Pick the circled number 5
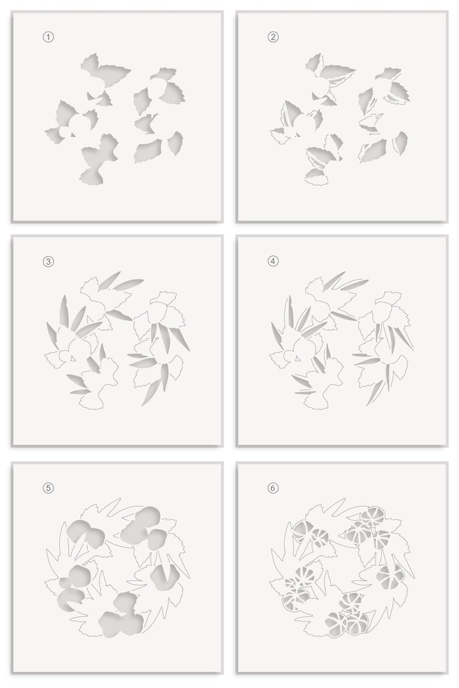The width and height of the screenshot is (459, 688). (x=48, y=488)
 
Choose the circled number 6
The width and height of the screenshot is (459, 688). (x=273, y=488)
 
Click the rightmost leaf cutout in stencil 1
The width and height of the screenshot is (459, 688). (x=175, y=143)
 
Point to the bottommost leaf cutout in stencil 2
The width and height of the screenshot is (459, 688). (x=317, y=175)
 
